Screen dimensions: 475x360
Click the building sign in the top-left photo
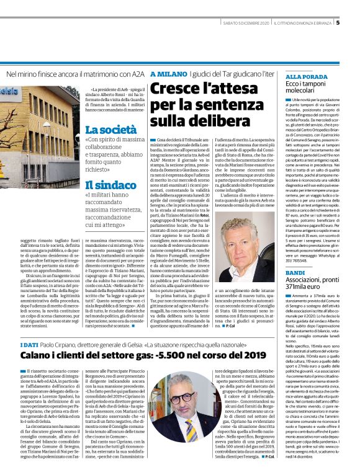coord(11,97)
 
